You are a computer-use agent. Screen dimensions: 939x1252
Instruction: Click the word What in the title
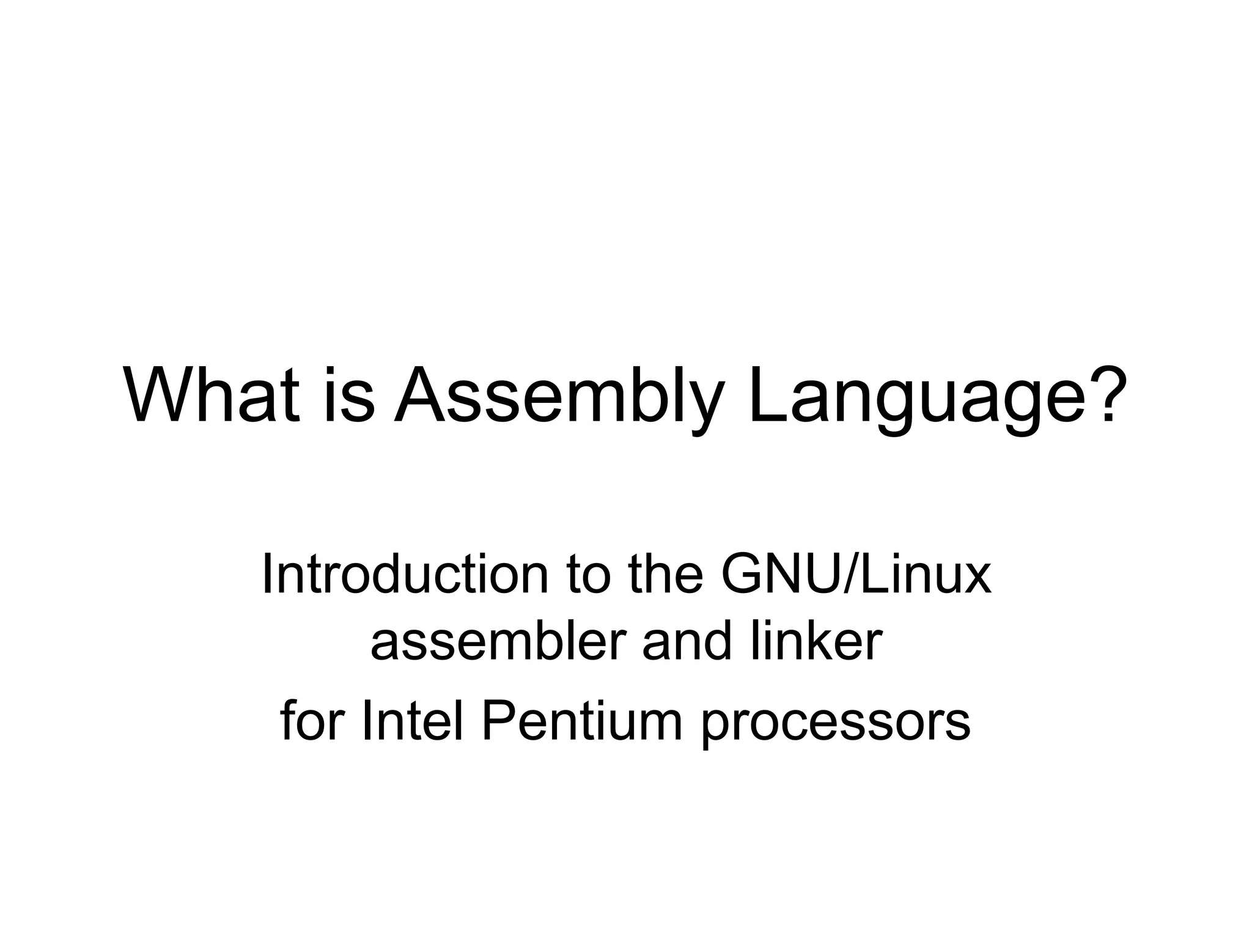(212, 394)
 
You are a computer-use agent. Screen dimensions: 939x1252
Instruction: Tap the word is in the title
(349, 394)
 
